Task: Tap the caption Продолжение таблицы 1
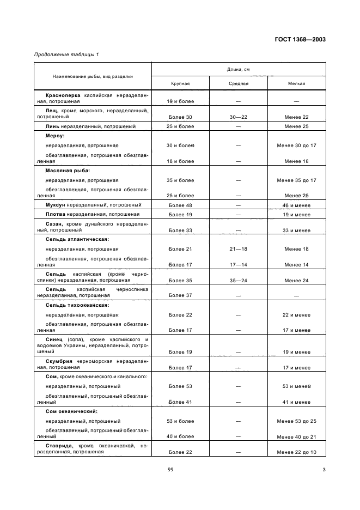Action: coord(66,54)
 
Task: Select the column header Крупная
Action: coord(180,84)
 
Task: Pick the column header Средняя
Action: coord(239,84)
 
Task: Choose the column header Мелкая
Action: coord(296,84)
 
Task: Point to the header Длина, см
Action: coord(239,70)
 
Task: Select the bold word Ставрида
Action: coord(58,446)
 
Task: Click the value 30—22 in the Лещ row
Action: coord(239,117)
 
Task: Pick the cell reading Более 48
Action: coord(180,205)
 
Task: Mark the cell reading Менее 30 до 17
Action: coord(296,145)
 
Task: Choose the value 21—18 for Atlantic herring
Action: coord(239,249)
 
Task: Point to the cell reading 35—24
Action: coord(239,280)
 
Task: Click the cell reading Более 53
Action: coord(180,386)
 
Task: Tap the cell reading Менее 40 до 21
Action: coord(296,436)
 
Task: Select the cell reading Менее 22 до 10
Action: coord(296,452)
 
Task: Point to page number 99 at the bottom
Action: coord(180,470)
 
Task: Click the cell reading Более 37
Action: coord(180,295)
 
